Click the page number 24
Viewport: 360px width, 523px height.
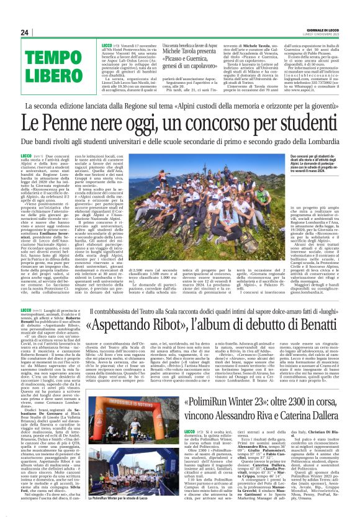(x=24, y=32)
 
